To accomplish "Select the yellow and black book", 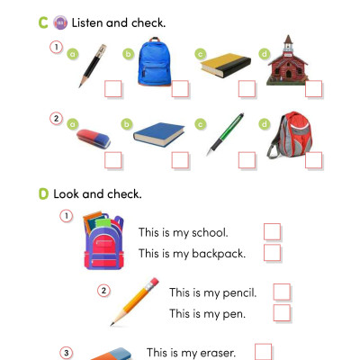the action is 223,65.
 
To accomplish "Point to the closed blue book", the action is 160,134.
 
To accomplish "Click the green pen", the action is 225,132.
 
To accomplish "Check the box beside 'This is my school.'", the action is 272,231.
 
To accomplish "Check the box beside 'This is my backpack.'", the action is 272,253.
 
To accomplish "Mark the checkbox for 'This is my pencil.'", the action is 282,292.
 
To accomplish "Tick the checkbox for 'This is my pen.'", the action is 282,313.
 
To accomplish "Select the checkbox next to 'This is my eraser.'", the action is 263,352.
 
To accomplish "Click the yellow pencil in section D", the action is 135,301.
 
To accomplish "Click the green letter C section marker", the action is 43,21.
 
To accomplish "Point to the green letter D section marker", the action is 43,193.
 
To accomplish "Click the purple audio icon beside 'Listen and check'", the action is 59,21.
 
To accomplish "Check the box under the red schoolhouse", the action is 312,88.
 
